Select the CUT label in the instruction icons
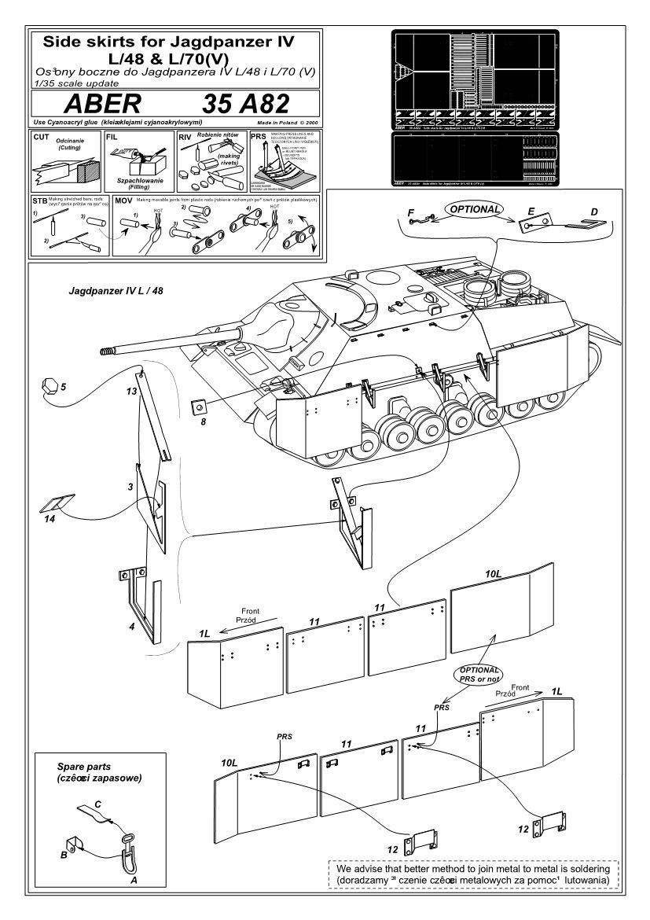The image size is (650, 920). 42,136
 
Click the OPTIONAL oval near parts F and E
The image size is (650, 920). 475,210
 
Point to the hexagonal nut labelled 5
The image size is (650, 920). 50,386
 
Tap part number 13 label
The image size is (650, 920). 132,391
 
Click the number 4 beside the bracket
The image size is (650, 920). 131,627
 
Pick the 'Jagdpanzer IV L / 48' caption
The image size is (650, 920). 116,291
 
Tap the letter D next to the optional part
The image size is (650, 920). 594,212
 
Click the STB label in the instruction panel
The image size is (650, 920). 41,201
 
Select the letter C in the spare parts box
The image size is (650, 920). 97,804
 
